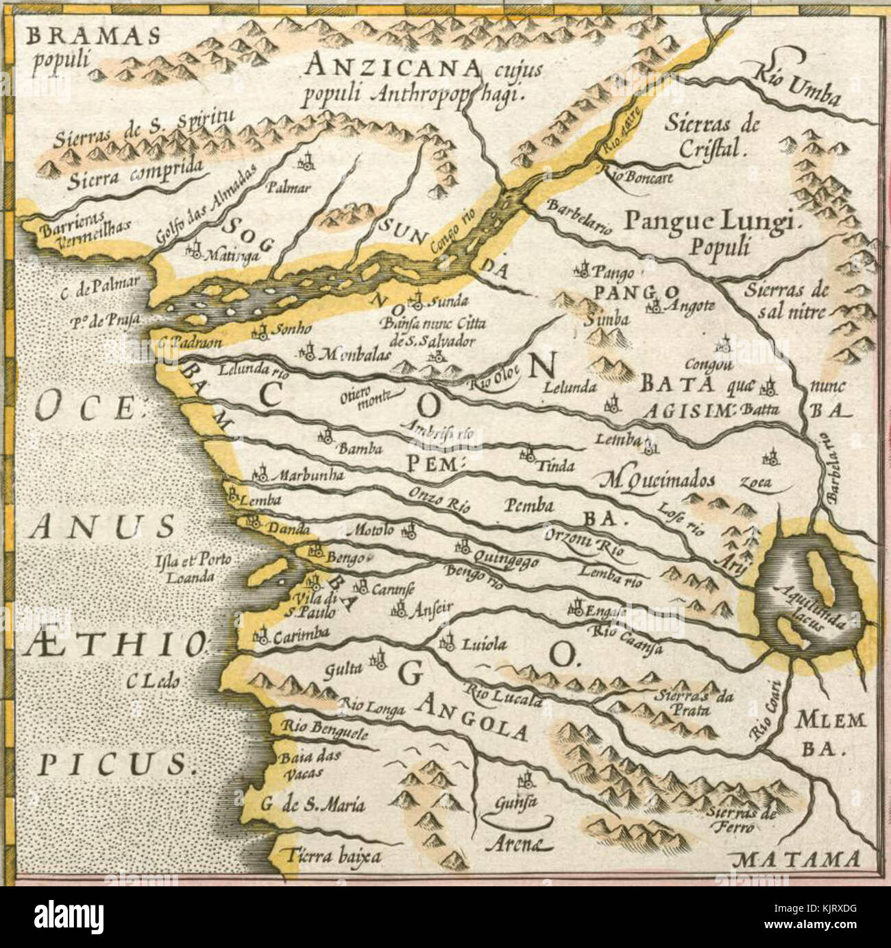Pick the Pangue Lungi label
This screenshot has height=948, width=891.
click(712, 222)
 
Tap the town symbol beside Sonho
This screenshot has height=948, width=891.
click(259, 333)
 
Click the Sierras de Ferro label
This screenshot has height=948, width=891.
click(744, 820)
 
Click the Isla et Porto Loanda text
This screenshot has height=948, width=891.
click(193, 568)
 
